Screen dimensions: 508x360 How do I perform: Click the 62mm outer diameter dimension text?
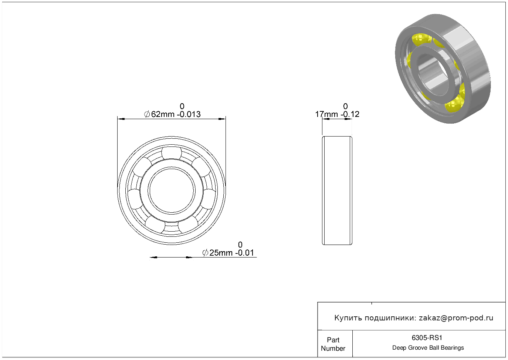(x=163, y=114)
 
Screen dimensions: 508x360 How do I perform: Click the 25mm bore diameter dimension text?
(x=221, y=253)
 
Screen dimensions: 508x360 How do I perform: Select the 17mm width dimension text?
(x=326, y=114)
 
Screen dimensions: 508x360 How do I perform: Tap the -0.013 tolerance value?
(x=189, y=114)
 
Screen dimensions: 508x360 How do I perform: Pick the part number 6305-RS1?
(x=427, y=338)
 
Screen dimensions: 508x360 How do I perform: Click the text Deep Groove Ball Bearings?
(x=428, y=348)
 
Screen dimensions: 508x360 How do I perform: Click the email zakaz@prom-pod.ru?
(x=456, y=318)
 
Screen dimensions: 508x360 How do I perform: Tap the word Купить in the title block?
(x=348, y=318)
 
